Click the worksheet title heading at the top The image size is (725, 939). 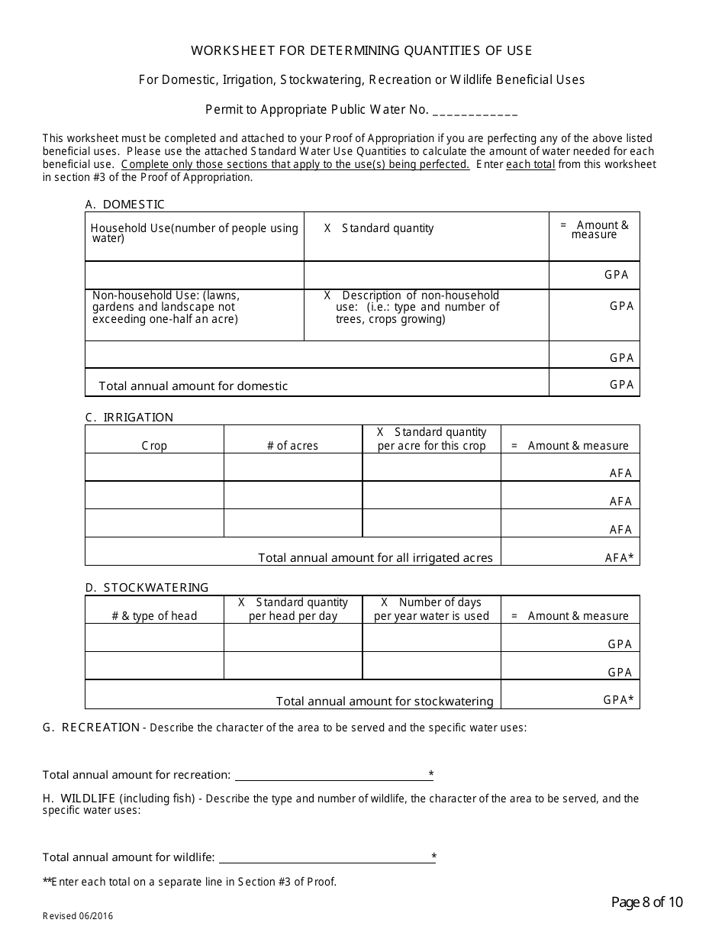(361, 50)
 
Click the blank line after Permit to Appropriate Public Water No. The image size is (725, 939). (475, 111)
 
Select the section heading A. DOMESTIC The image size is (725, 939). (124, 204)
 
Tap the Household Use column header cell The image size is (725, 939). (194, 234)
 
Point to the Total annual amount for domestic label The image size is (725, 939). (193, 386)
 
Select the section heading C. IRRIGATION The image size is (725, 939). (129, 417)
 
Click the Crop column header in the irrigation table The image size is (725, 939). (154, 446)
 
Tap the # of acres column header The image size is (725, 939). (292, 446)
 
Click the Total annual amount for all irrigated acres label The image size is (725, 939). (375, 557)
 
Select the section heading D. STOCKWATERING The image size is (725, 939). (147, 587)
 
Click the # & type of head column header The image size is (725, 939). (154, 616)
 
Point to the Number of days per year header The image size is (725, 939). (431, 609)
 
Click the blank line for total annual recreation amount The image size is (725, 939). (333, 775)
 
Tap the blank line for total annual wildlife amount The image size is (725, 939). (324, 857)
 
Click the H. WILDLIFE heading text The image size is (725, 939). (79, 799)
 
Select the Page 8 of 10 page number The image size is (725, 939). (647, 902)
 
